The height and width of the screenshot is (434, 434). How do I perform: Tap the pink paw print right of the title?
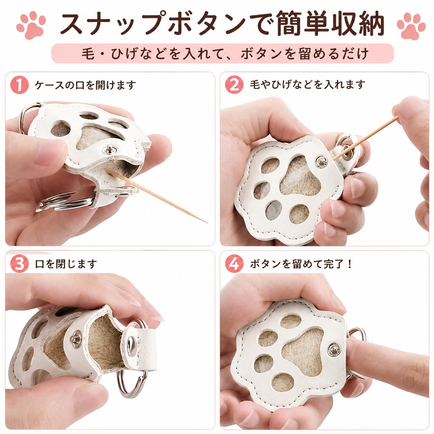pos(411,26)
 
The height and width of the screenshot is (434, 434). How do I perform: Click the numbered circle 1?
pos(19,85)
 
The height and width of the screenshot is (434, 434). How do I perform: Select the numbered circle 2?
pos(234,84)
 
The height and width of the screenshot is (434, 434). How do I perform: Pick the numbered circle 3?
pos(19,264)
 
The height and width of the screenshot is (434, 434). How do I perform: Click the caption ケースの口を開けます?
pos(85,85)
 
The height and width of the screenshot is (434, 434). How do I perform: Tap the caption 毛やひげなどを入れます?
pos(308,85)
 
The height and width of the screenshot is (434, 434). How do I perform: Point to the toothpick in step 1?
pos(157,196)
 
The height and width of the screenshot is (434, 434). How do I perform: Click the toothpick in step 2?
pos(365,138)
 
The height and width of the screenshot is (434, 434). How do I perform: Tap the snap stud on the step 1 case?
pos(110,149)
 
